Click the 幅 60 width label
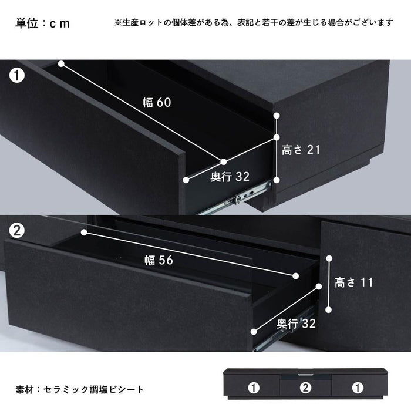(x=157, y=102)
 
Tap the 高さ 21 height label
(x=301, y=150)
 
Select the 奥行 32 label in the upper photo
(x=230, y=177)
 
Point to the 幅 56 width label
(x=159, y=260)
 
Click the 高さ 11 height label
(x=354, y=282)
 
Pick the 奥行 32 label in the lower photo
(x=296, y=324)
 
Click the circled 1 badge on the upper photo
(x=17, y=76)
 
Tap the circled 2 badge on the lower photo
(x=17, y=231)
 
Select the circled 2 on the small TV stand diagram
(x=306, y=388)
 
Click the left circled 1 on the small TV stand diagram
(x=254, y=388)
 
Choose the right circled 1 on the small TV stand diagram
(x=358, y=388)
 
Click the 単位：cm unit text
(x=43, y=23)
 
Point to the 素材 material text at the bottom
(x=80, y=389)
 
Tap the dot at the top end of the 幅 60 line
(x=61, y=63)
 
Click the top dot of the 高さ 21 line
(x=277, y=116)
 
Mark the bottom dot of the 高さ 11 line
(x=328, y=310)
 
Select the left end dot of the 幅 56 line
(x=84, y=233)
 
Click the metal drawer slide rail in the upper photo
(x=235, y=198)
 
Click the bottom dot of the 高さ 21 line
(x=277, y=180)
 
